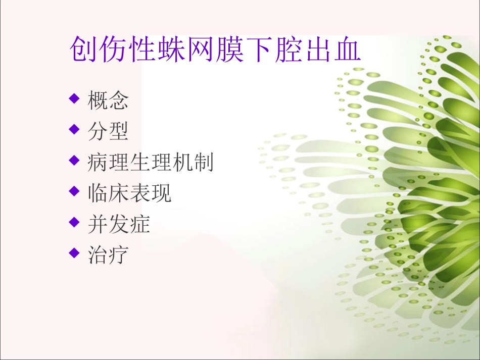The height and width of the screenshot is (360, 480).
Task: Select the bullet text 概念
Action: [x=108, y=100]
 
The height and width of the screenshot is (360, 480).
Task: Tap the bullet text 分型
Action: [x=108, y=131]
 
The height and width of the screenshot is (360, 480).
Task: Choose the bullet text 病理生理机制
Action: [x=150, y=163]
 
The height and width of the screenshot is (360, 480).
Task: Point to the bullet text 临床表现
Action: [x=129, y=193]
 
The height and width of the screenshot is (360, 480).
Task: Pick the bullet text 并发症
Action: [x=118, y=224]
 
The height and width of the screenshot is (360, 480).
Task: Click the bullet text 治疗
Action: [x=108, y=255]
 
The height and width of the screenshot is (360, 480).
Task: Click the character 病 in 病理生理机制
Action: [x=98, y=163]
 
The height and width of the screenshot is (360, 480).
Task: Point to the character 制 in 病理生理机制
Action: [x=203, y=163]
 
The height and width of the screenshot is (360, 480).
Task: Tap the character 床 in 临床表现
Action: [x=118, y=193]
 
